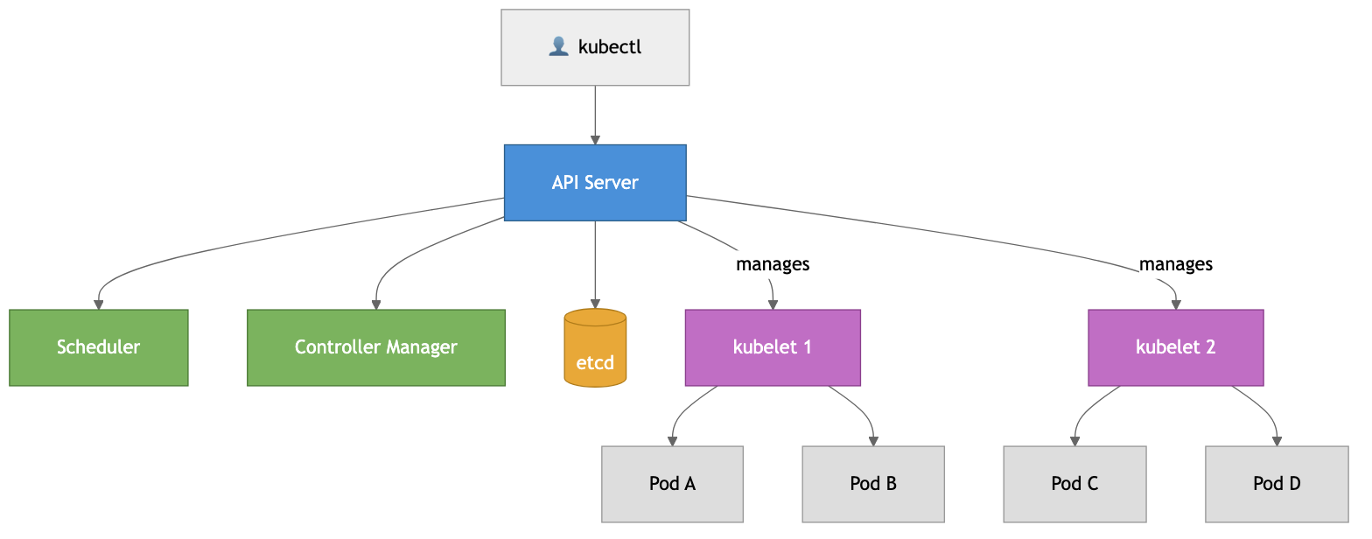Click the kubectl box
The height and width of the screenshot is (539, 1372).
595,47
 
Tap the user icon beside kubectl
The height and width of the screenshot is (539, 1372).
558,47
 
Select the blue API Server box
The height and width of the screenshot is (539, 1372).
595,183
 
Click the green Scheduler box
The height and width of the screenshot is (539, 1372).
99,347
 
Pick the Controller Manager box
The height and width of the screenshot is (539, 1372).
376,347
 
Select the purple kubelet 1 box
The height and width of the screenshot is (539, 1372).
773,347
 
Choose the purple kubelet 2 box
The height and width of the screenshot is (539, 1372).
1175,347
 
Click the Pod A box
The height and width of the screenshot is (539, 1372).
672,484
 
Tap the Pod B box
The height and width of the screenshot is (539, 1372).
873,484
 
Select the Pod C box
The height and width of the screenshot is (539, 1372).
1074,484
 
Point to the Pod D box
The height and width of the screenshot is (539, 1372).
1277,484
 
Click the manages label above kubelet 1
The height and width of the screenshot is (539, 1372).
773,263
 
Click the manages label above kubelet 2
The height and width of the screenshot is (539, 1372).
1175,263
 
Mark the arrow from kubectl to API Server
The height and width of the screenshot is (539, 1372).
595,114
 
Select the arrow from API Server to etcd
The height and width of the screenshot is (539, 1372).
595,262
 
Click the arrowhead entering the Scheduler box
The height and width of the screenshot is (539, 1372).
99,304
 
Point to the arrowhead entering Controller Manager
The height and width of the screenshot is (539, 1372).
376,304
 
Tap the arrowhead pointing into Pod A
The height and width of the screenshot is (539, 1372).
672,441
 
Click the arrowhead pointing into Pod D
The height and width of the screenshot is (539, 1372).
1277,441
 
